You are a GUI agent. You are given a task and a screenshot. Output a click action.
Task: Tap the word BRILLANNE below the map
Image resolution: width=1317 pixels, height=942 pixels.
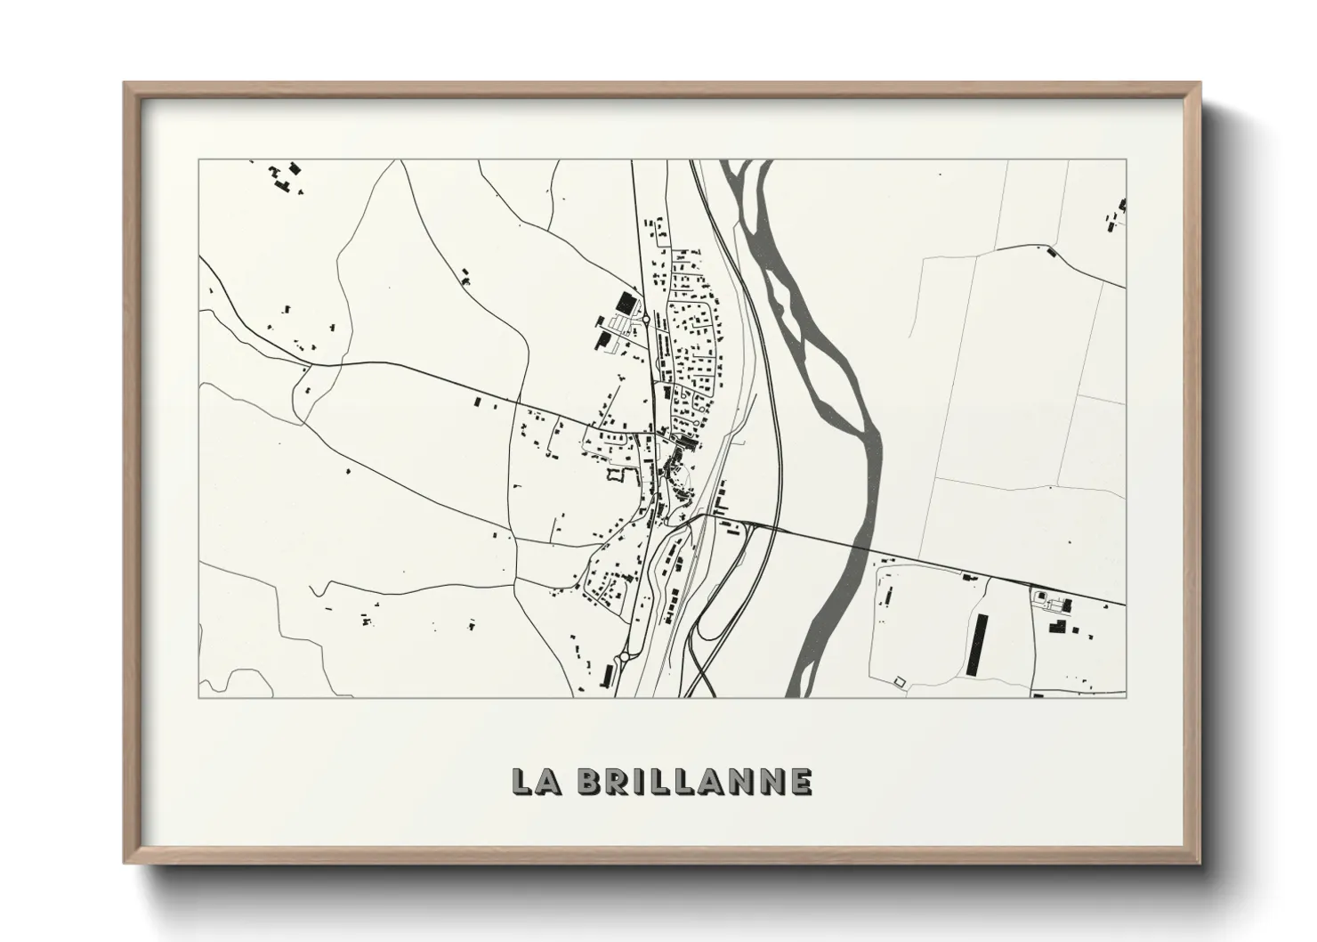(693, 781)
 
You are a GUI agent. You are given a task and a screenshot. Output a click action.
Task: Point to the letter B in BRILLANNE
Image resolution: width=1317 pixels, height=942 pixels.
(589, 781)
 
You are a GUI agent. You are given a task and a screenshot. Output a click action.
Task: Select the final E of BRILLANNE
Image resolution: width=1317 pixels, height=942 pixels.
(799, 781)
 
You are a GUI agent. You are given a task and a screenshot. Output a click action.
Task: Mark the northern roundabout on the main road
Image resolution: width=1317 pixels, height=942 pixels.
(644, 316)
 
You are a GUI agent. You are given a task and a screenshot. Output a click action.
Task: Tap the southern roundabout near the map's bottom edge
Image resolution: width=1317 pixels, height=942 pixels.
(625, 656)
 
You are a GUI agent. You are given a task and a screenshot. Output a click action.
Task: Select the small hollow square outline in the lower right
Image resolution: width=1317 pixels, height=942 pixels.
(898, 681)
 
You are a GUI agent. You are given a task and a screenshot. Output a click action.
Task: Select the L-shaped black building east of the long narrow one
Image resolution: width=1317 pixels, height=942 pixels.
(1058, 627)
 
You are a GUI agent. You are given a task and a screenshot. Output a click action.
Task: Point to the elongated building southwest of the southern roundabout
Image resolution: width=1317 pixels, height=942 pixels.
(610, 674)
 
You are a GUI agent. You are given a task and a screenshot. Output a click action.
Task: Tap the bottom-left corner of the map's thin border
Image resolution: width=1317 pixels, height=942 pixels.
(199, 697)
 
